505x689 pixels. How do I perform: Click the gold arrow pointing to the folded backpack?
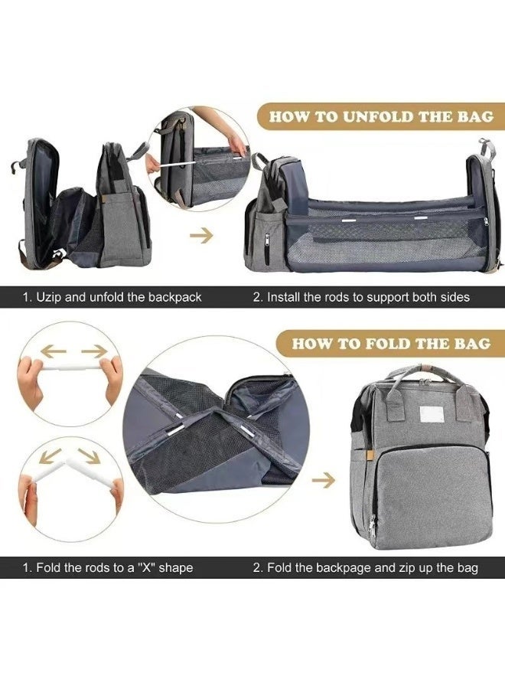[x=325, y=480]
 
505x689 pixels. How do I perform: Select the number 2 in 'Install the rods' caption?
[x=257, y=296]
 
